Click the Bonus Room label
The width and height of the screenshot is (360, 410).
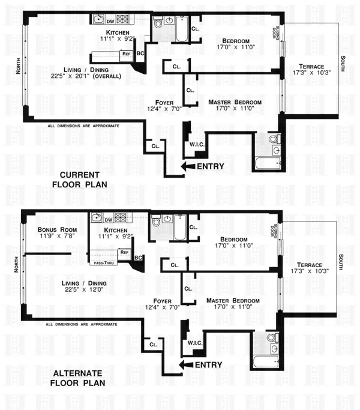[51, 230]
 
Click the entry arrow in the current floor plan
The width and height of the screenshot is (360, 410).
[187, 166]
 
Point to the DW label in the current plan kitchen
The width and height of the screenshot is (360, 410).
[94, 22]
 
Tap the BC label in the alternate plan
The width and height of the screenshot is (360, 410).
[139, 258]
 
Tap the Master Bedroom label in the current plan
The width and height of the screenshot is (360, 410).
[235, 103]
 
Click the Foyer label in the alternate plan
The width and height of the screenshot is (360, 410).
[163, 301]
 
